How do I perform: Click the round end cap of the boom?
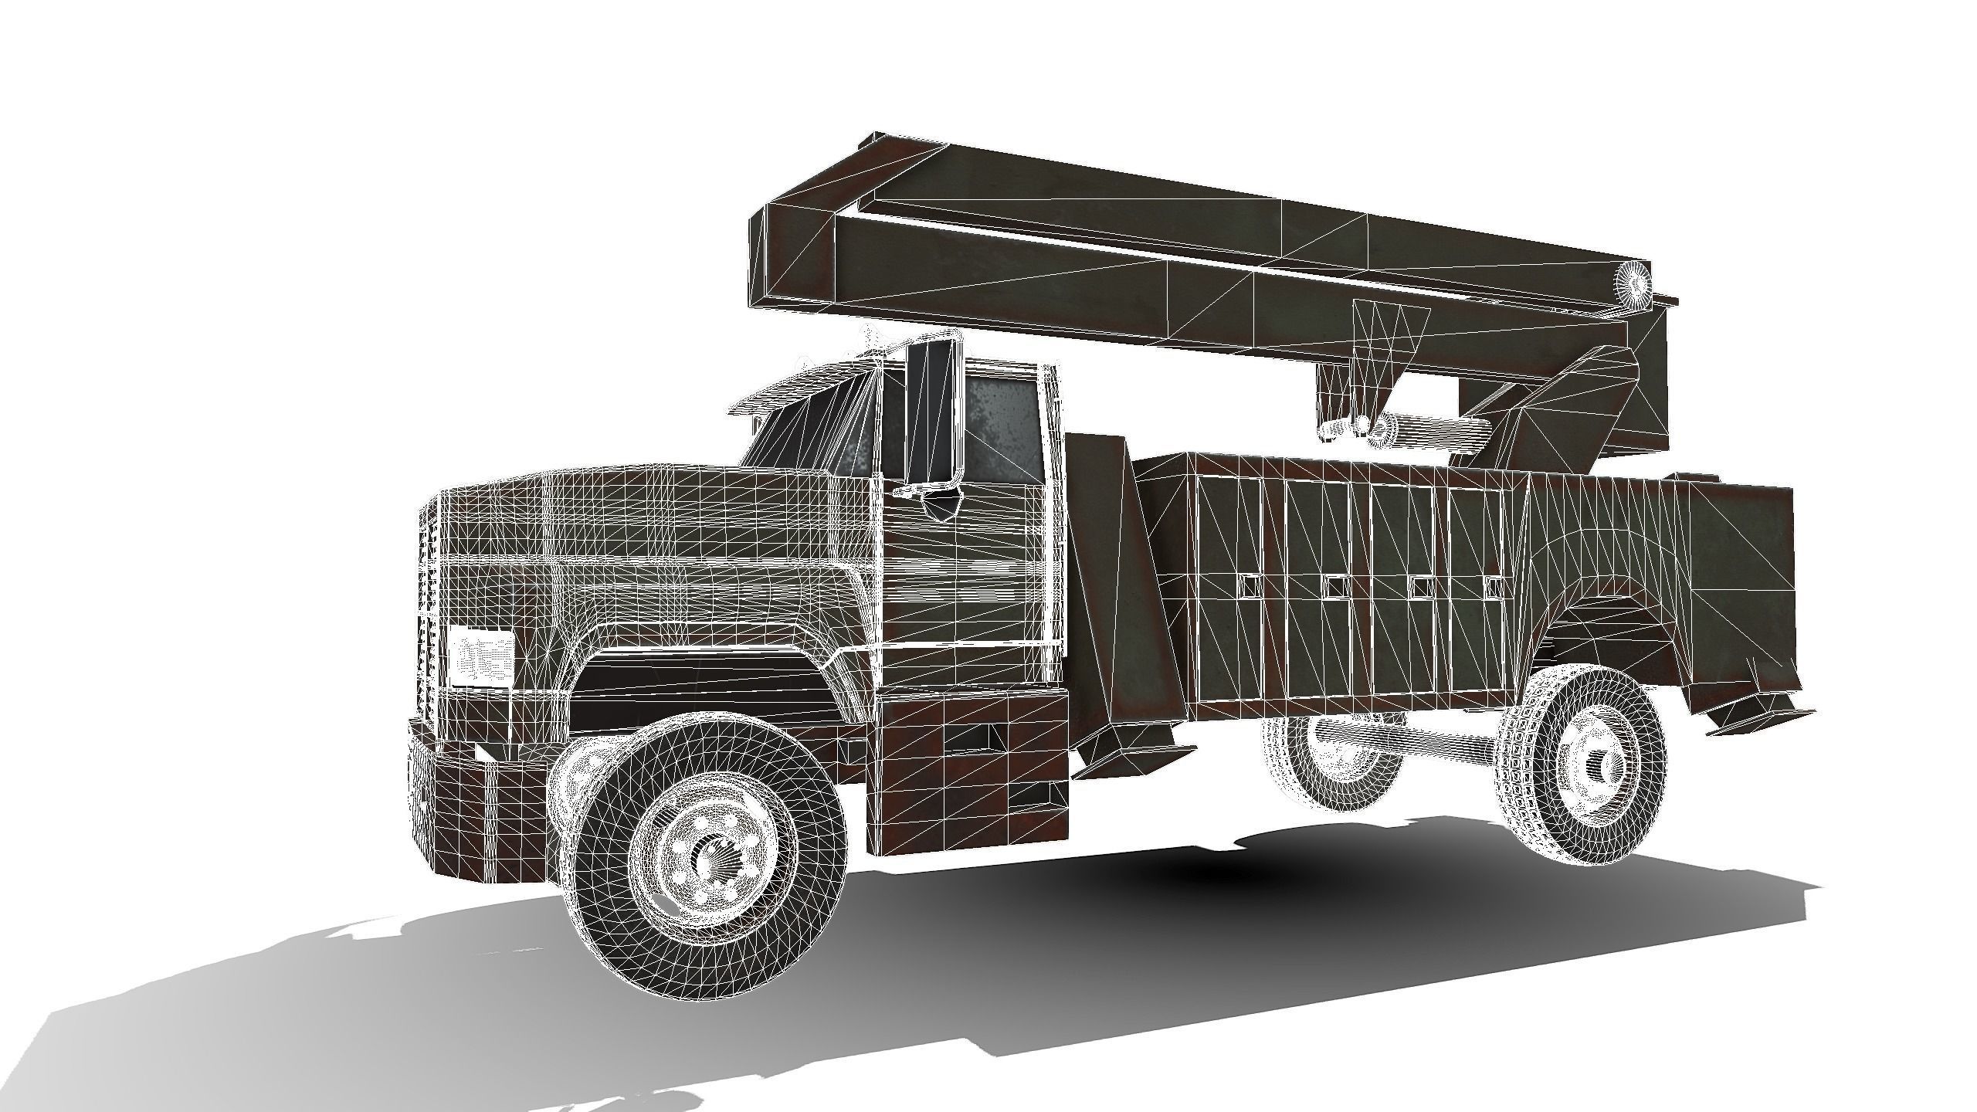point(1634,284)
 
